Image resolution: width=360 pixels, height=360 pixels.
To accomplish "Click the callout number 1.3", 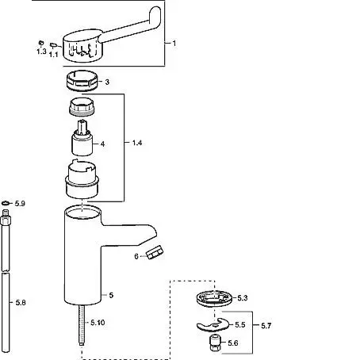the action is coord(41,52).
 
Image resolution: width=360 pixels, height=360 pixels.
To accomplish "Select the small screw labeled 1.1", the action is coord(53,45).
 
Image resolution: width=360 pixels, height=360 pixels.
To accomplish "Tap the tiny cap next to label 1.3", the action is coord(41,42).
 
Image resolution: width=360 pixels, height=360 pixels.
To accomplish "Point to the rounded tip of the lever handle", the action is coord(155,13).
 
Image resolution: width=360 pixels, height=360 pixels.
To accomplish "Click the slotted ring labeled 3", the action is coord(82,81).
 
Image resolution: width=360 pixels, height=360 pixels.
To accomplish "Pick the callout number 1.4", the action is coord(137,143).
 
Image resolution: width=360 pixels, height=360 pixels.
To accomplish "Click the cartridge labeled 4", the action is coord(82,138).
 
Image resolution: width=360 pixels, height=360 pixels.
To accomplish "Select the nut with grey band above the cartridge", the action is coord(82,106).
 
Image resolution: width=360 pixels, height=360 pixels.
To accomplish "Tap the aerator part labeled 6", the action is coord(155,252).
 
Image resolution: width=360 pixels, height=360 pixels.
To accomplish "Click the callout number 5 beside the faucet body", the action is coord(111,295).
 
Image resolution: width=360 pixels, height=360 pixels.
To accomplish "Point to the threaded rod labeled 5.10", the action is coord(82,325).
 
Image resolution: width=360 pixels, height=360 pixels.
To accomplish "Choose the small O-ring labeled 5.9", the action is coord(6,203).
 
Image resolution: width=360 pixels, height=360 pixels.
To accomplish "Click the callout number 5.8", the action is coord(21,302).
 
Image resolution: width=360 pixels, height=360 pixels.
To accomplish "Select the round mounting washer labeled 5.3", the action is coord(214,299).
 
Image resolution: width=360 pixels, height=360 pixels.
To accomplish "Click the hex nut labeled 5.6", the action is coord(216,343).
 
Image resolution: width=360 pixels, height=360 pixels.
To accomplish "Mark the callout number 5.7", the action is coord(266,326).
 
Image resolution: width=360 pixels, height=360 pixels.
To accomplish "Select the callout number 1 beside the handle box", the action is coord(174,43).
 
